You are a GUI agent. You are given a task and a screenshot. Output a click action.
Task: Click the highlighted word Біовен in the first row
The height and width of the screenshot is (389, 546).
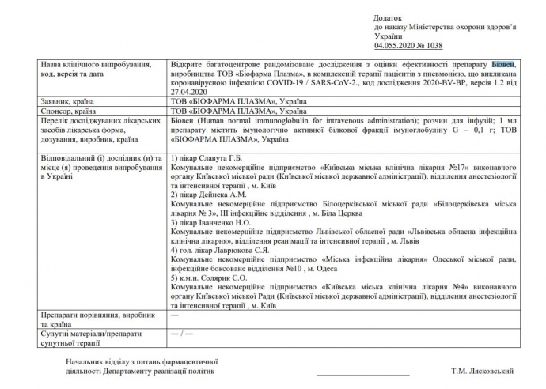click(x=505, y=62)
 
